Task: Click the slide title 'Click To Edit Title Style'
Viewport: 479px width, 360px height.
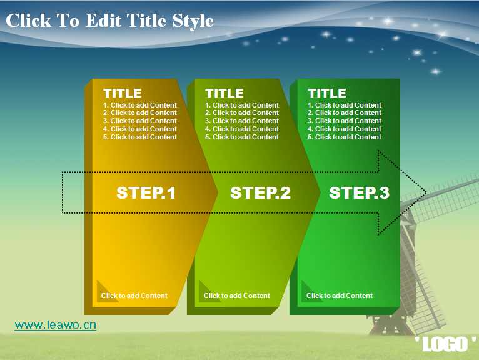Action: click(x=109, y=21)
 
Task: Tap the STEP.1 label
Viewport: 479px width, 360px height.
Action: click(x=146, y=193)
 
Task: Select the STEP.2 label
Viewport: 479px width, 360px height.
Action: click(x=261, y=193)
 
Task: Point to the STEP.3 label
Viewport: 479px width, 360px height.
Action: click(x=359, y=193)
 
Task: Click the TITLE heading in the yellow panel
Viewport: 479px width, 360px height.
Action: click(x=123, y=93)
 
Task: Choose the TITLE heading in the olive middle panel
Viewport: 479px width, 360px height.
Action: click(x=224, y=93)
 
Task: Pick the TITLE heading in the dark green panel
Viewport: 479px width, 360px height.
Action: click(x=327, y=93)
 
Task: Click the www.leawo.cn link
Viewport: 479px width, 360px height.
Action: click(x=55, y=325)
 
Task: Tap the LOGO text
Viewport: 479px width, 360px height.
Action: click(x=445, y=344)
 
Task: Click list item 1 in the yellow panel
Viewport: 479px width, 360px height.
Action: click(x=140, y=105)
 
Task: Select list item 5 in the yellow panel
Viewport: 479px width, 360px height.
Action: click(x=140, y=137)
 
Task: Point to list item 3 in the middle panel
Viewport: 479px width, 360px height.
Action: click(x=242, y=121)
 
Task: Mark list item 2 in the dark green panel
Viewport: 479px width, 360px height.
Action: click(x=345, y=112)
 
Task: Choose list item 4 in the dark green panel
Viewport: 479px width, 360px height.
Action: click(x=345, y=129)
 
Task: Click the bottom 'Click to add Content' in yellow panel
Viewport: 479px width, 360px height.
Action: click(x=134, y=296)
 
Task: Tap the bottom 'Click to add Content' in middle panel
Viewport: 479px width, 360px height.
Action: click(x=237, y=296)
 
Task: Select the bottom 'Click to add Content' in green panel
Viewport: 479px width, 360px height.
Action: click(x=340, y=296)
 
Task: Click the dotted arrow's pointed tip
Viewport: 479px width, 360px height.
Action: click(x=426, y=192)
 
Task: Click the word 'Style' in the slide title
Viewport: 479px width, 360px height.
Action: click(x=193, y=21)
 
